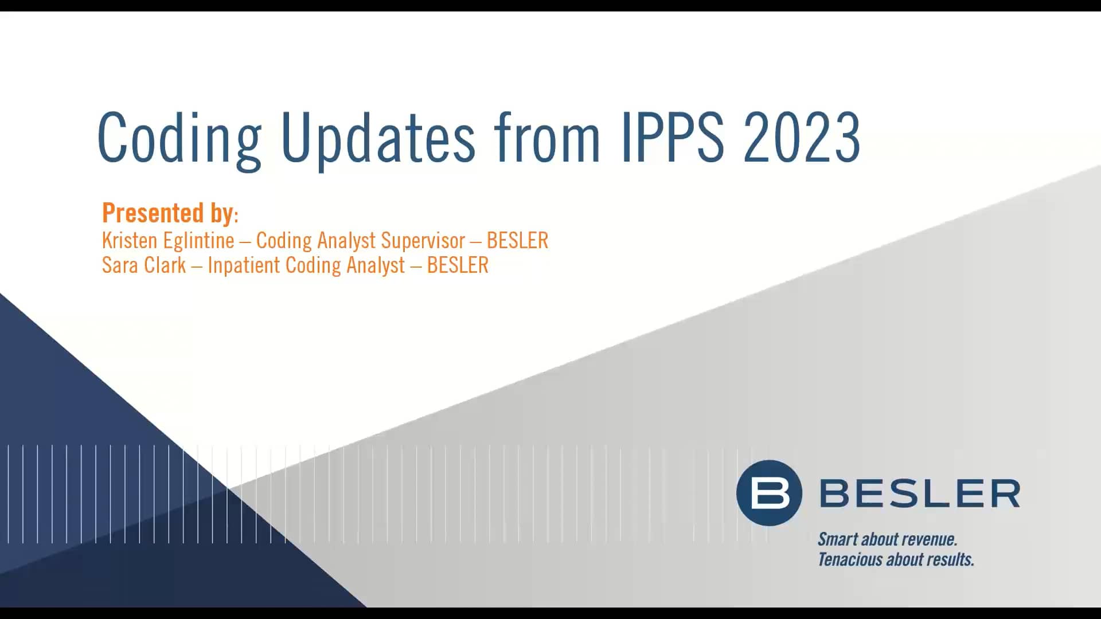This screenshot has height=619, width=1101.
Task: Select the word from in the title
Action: tap(547, 138)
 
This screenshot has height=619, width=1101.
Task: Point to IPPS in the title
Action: tap(673, 138)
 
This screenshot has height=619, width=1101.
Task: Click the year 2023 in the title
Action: tap(802, 138)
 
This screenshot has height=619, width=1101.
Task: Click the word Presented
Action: tap(153, 213)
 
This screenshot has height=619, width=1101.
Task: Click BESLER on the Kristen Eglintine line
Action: tap(517, 241)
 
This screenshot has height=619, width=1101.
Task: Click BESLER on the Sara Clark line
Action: tap(458, 265)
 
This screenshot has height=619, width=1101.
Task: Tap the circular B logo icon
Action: tap(769, 493)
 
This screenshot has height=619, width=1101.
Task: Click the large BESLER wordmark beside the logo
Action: tap(920, 493)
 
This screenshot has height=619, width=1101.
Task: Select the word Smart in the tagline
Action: tap(838, 539)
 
